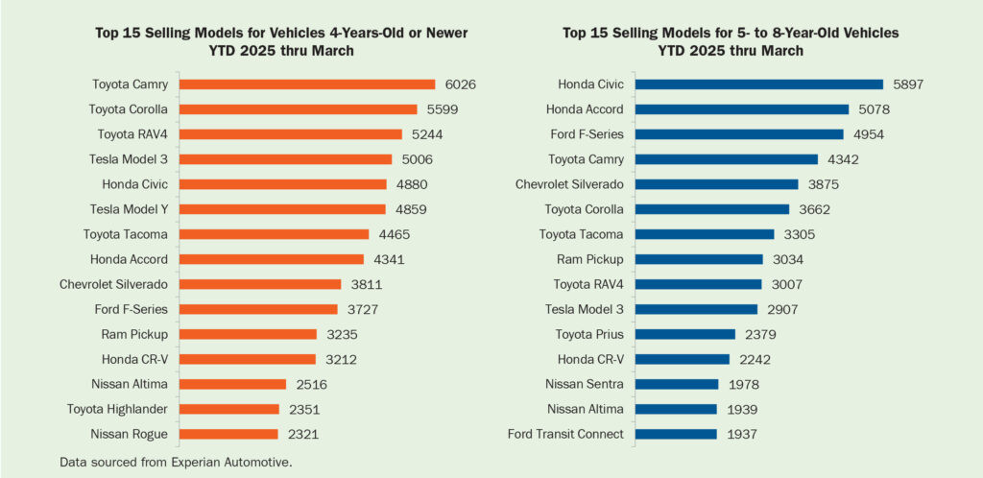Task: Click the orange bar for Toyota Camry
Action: pos(307,84)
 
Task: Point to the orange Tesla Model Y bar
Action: pos(282,209)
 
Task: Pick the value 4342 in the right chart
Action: pos(848,159)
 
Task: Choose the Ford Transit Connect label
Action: pos(566,434)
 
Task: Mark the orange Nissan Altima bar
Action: pos(233,384)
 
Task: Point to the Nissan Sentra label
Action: pos(586,384)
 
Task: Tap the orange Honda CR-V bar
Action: pos(248,359)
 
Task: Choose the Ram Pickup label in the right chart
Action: pos(590,259)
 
